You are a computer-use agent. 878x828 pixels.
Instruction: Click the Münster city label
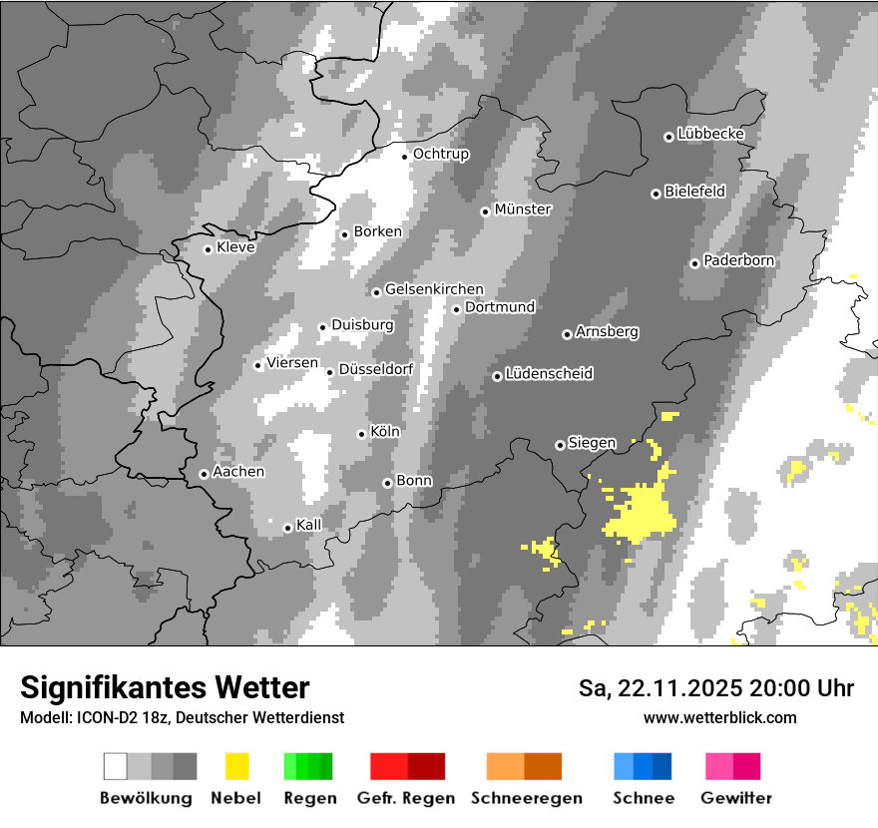[x=523, y=209]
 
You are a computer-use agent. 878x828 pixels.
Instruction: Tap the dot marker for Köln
[x=361, y=434]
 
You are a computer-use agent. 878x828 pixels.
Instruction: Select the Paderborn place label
[x=739, y=261]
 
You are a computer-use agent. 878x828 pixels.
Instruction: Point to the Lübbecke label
[x=711, y=134]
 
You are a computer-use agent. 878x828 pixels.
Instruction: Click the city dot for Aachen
[x=204, y=474]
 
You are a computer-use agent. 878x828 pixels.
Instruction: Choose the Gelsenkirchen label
[x=434, y=290]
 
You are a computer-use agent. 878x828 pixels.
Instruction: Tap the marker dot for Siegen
[x=560, y=445]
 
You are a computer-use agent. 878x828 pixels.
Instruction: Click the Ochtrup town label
[x=441, y=155]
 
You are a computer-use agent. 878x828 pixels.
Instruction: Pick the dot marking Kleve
[x=208, y=249]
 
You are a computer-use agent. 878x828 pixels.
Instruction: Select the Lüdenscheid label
[x=549, y=374]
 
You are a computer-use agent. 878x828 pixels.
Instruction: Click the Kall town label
[x=309, y=525]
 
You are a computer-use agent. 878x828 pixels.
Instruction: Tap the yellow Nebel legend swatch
[x=236, y=766]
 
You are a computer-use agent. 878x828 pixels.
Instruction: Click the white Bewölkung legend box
[x=116, y=766]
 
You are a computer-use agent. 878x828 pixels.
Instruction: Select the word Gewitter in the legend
[x=736, y=798]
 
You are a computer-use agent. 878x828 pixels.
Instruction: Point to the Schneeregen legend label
[x=527, y=798]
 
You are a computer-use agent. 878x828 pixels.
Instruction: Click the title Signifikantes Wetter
[x=165, y=687]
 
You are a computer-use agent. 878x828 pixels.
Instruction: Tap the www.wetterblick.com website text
[x=719, y=717]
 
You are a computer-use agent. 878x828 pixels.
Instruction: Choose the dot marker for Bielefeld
[x=656, y=194]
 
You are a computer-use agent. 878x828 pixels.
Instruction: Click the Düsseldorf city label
[x=376, y=369]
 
